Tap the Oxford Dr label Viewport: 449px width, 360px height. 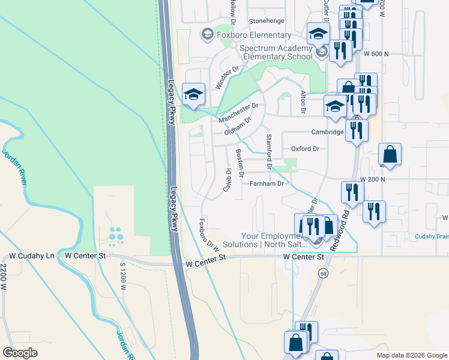pyautogui.click(x=304, y=148)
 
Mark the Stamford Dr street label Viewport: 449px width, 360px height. pyautogui.click(x=269, y=152)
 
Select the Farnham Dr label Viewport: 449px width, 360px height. pyautogui.click(x=266, y=184)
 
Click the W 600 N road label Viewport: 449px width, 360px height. pyautogui.click(x=376, y=54)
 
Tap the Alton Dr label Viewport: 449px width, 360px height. pyautogui.click(x=303, y=103)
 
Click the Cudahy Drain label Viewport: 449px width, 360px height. pyautogui.click(x=432, y=236)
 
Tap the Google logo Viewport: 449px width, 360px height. pyautogui.click(x=20, y=353)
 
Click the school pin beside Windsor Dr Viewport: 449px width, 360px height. pyautogui.click(x=193, y=95)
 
